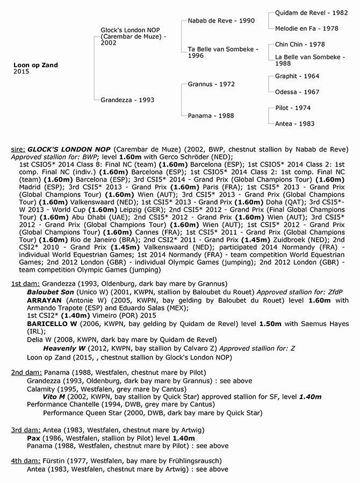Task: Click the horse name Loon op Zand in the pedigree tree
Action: (x=35, y=65)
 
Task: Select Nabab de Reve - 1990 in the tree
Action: (x=214, y=20)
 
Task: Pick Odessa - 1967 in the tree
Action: (x=297, y=92)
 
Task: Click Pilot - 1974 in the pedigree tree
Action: (x=293, y=108)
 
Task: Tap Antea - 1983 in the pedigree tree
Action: (x=294, y=124)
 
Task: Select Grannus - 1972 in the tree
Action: (x=211, y=84)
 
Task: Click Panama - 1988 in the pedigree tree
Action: (x=211, y=116)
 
